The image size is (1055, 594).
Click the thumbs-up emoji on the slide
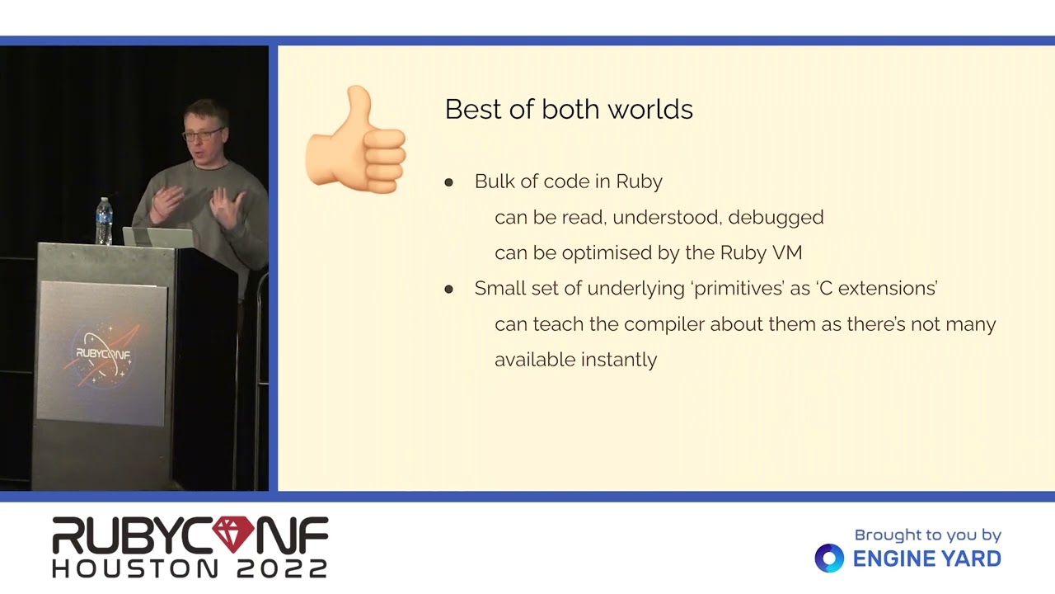[356, 140]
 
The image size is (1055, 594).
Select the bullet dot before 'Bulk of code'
[448, 182]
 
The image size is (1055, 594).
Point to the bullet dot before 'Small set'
[448, 289]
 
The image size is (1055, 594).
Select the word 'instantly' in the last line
[619, 361]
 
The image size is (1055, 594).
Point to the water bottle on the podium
[104, 221]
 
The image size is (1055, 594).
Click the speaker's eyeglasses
[203, 134]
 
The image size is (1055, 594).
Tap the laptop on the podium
[158, 237]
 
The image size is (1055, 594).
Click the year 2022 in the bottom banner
[282, 568]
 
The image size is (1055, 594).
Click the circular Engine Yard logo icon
[829, 559]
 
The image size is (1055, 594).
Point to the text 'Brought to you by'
[928, 535]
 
